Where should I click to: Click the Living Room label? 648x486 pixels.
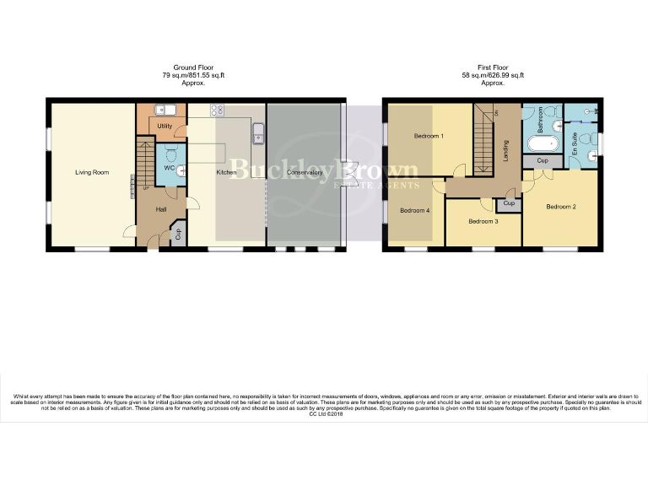(x=92, y=172)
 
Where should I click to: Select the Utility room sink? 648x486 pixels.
(x=165, y=110)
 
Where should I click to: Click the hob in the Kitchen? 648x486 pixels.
(x=216, y=109)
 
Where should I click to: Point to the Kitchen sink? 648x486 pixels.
(x=259, y=132)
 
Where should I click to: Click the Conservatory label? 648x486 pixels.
(x=305, y=172)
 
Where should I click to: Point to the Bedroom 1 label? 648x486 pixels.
(x=429, y=135)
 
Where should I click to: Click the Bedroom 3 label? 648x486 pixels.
(x=483, y=221)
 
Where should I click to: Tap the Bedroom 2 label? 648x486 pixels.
(x=560, y=206)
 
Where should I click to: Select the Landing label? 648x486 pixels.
(x=505, y=150)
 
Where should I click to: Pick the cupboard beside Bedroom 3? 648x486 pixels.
(x=509, y=203)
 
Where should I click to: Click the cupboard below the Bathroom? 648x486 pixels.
(x=543, y=161)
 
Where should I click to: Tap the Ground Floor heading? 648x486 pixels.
(x=193, y=68)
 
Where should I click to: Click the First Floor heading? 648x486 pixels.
(x=494, y=68)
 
